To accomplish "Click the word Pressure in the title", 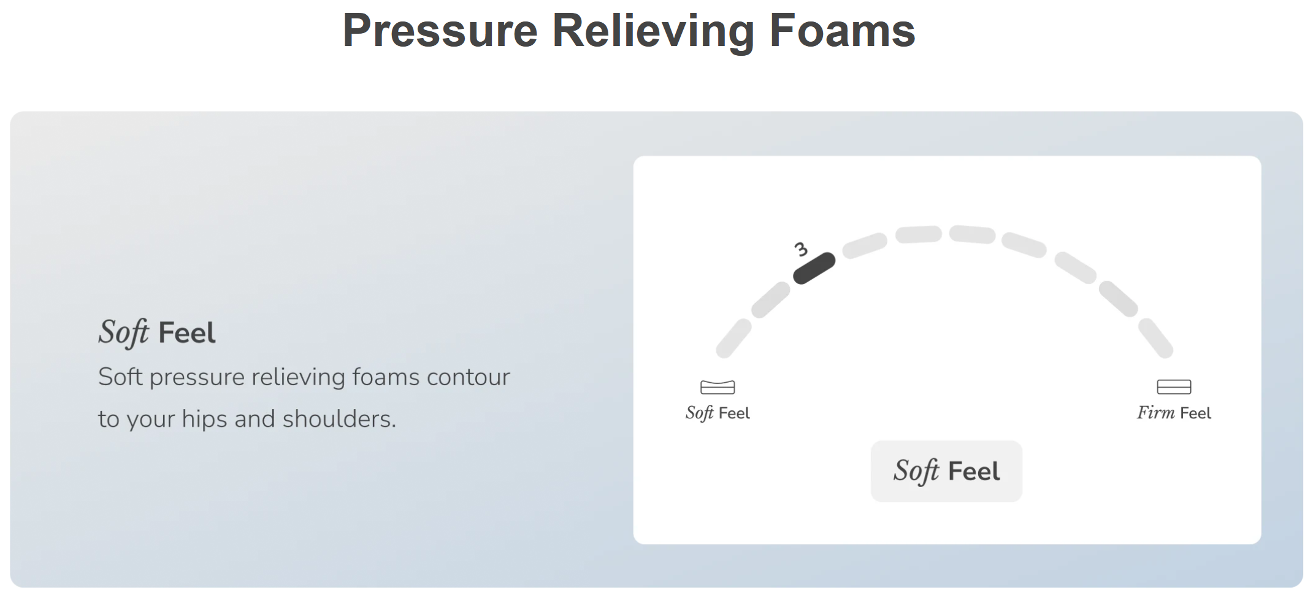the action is [x=440, y=31].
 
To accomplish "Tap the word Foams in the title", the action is [x=843, y=31].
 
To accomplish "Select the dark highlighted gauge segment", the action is [x=814, y=269].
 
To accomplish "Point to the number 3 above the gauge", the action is [x=801, y=249].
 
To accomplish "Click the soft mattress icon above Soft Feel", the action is [x=718, y=387].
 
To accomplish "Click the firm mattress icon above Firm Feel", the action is [x=1174, y=386].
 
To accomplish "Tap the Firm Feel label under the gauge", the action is [x=1174, y=413].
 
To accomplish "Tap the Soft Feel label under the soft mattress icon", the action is [x=718, y=413].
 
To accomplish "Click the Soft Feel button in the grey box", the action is [x=946, y=471].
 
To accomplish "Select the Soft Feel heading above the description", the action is [x=157, y=332].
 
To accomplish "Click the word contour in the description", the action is [x=468, y=377].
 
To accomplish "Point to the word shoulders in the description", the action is [x=339, y=419].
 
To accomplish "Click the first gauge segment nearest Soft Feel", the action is [x=733, y=338].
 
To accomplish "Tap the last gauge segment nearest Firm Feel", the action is [x=1156, y=338].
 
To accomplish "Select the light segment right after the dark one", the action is [x=865, y=245].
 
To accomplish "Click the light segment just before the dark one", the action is [x=771, y=299].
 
